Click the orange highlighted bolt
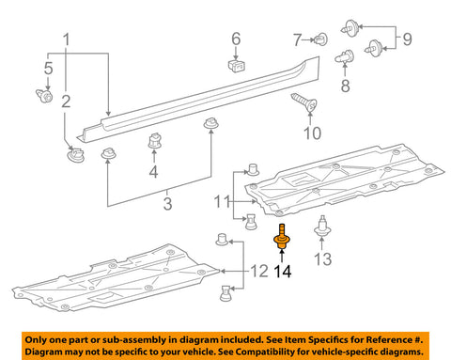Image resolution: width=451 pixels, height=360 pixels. [x=282, y=238]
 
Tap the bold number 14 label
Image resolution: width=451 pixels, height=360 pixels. [x=283, y=272]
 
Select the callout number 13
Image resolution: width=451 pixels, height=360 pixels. [x=322, y=259]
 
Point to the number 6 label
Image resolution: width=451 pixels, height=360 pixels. [x=236, y=39]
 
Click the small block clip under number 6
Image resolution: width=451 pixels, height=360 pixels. [x=237, y=65]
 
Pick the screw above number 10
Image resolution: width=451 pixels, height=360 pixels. [x=304, y=102]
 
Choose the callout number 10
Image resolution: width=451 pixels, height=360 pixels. [x=312, y=133]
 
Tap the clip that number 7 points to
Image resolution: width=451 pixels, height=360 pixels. [x=320, y=39]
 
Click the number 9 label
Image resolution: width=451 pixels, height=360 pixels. [x=407, y=39]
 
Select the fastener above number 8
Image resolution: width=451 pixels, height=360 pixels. [x=345, y=56]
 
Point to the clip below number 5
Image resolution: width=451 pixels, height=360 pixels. [x=44, y=96]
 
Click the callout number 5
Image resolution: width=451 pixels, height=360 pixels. [x=48, y=69]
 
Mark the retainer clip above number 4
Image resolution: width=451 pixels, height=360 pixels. [x=154, y=141]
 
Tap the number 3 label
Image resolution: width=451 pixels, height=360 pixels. [x=167, y=204]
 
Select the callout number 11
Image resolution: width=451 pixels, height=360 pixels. [x=223, y=201]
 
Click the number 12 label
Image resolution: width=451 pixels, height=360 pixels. [x=259, y=272]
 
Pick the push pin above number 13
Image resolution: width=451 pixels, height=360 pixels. [x=322, y=227]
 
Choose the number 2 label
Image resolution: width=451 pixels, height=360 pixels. [x=66, y=102]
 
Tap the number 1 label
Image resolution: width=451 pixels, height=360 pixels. [x=66, y=39]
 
